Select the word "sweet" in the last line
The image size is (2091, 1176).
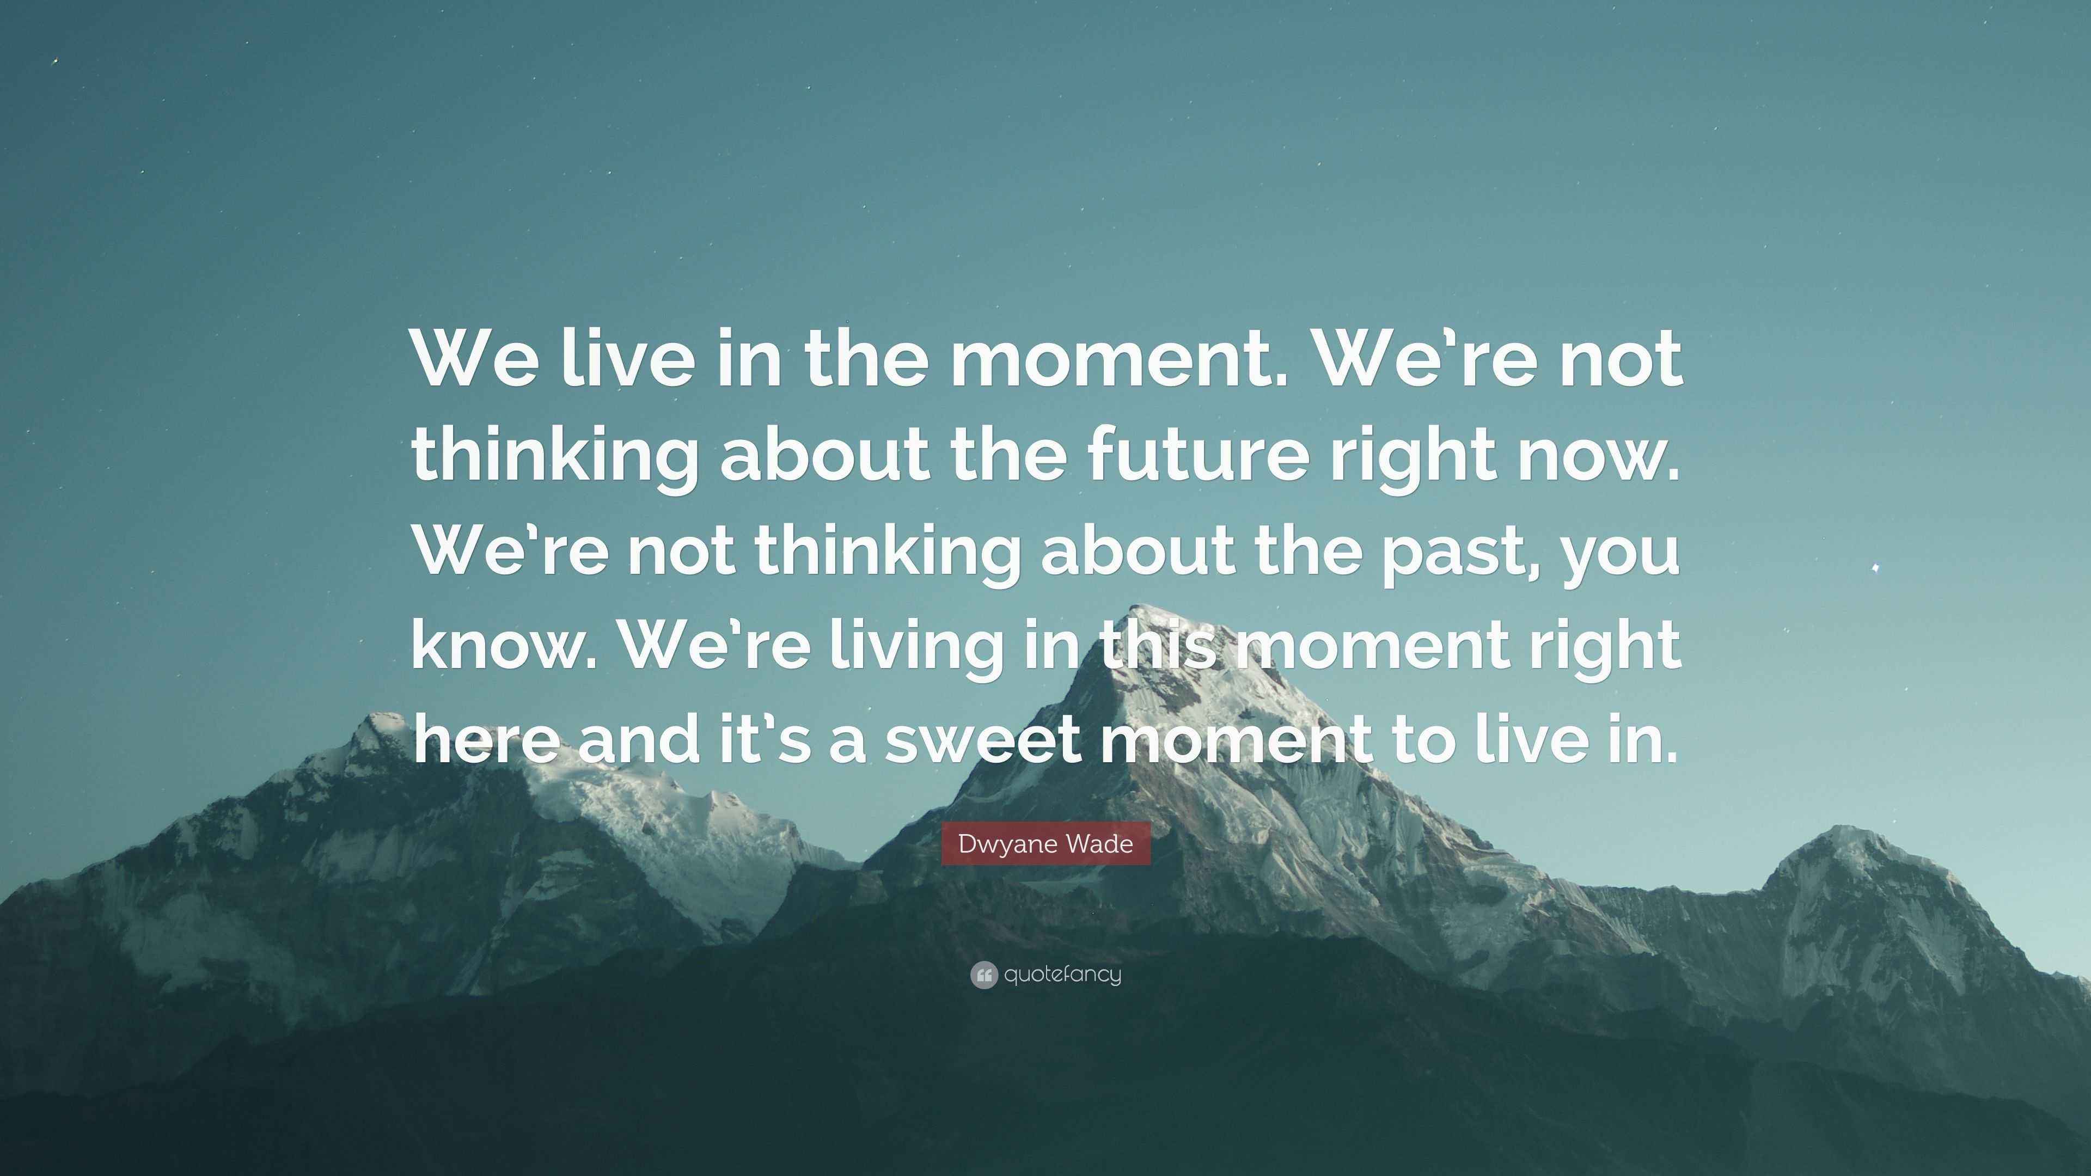pos(982,740)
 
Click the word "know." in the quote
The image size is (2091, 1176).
pos(504,645)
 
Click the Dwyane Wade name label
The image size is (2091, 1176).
pos(1045,844)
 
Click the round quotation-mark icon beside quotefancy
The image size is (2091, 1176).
pos(983,975)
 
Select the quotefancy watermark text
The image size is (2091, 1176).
pos(1062,974)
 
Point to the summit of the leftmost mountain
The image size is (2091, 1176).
pos(377,718)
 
